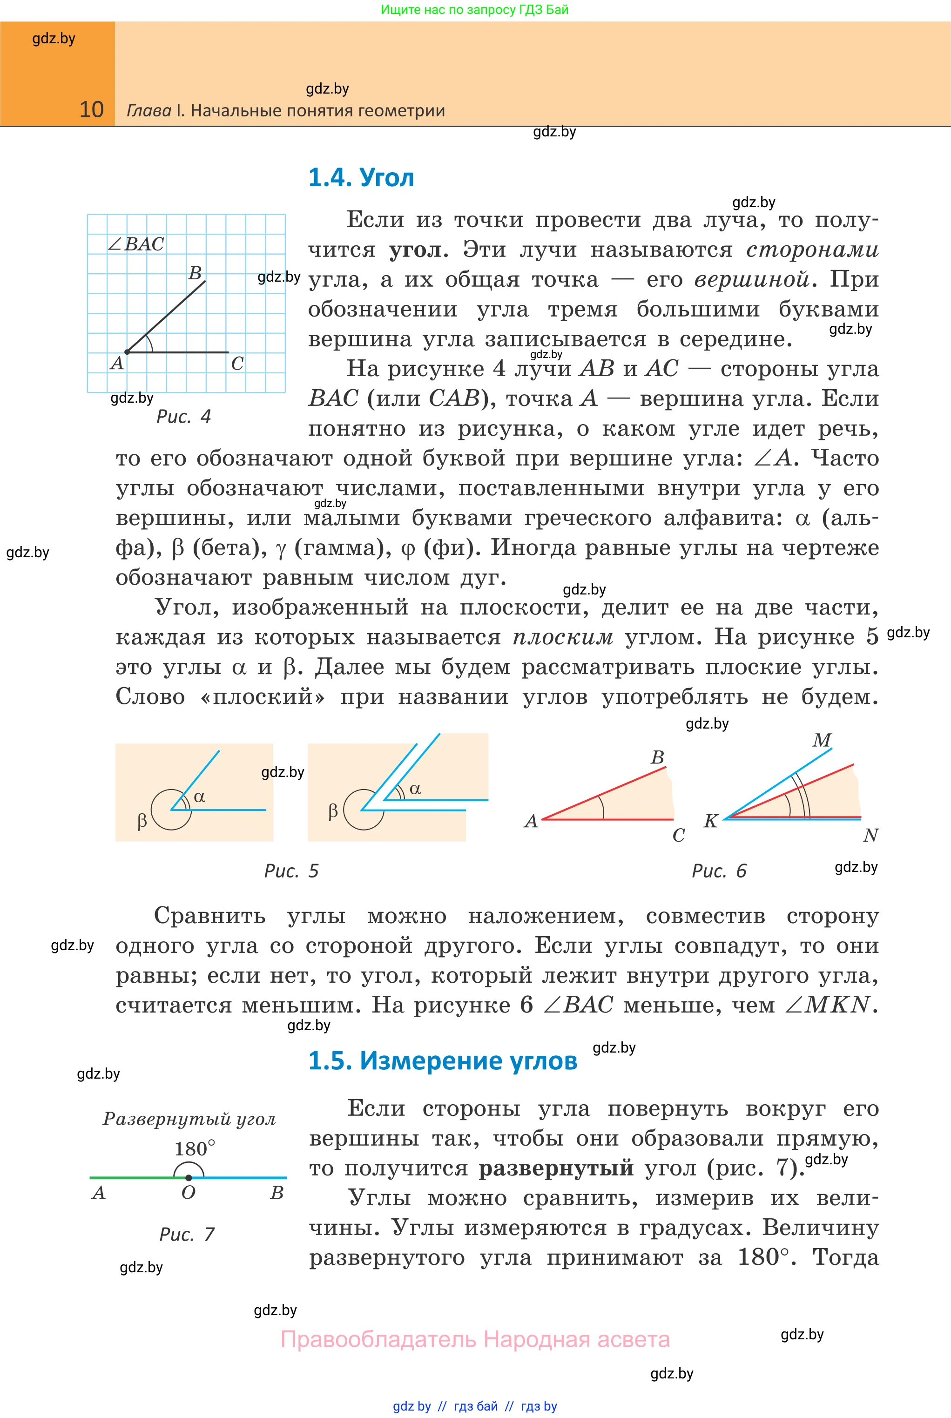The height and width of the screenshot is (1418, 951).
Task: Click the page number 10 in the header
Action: [92, 110]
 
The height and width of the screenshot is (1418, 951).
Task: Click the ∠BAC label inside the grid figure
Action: [136, 244]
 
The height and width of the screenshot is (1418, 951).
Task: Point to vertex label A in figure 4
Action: [117, 363]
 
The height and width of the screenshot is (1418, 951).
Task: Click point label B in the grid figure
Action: [195, 273]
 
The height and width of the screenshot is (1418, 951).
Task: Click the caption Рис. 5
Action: [291, 871]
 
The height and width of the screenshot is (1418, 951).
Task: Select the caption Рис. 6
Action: [719, 871]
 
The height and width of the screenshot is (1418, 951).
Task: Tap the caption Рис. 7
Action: [187, 1234]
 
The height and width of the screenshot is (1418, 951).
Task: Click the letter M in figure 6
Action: [822, 740]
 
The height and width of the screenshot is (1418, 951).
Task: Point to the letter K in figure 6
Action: [711, 821]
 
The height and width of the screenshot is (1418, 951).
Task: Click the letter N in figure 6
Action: [871, 836]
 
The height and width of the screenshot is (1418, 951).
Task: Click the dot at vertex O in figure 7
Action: [189, 1178]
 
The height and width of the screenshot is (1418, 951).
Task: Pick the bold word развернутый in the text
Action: [556, 1168]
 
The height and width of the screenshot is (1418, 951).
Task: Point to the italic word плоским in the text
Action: [563, 637]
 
